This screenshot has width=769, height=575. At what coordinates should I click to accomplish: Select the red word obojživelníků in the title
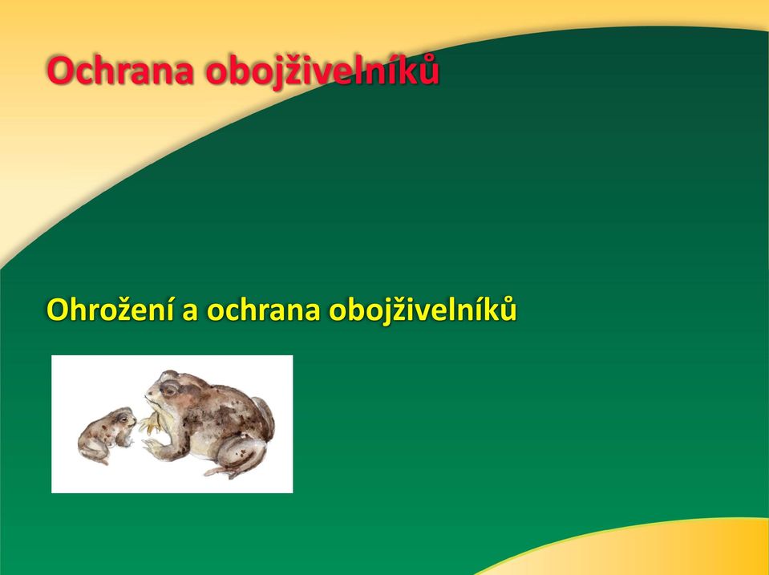click(322, 71)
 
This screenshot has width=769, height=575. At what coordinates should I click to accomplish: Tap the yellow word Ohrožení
click(111, 310)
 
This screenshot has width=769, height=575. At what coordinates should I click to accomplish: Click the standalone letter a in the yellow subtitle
click(190, 313)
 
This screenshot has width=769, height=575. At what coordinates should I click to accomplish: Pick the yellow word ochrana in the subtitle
click(263, 310)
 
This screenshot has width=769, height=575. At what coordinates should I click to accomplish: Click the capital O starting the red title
click(60, 71)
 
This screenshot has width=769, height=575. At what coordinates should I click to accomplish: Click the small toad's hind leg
click(93, 451)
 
